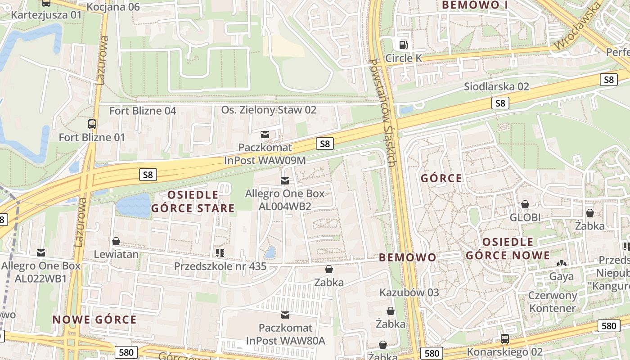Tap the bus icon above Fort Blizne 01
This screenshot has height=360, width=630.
click(92, 124)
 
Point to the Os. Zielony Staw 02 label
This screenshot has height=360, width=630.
click(269, 110)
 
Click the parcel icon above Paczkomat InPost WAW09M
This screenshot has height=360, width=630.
click(265, 134)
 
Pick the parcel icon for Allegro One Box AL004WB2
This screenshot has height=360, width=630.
click(285, 181)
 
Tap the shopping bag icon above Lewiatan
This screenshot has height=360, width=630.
click(116, 241)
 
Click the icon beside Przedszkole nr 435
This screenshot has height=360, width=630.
click(220, 252)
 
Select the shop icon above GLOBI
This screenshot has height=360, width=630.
click(525, 204)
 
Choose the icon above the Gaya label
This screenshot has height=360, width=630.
click(561, 263)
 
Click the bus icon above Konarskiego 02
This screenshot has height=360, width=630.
click(505, 339)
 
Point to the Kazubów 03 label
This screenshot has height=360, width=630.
click(409, 292)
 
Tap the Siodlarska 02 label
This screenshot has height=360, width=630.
click(496, 86)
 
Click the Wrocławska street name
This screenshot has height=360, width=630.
click(578, 27)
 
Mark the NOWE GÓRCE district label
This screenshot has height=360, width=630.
click(94, 320)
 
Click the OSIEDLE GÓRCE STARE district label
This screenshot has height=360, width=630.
click(193, 201)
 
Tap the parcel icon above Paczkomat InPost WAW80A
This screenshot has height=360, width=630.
click(285, 315)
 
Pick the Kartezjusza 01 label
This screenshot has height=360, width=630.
click(46, 15)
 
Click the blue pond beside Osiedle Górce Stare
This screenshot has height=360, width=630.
click(133, 206)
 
